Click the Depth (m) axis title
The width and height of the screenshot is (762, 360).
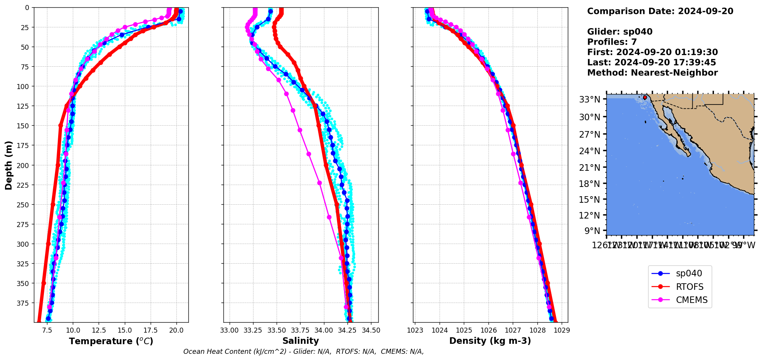coord(8,165)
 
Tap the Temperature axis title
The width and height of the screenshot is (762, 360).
coord(111,341)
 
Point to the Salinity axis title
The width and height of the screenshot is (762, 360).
coord(300,341)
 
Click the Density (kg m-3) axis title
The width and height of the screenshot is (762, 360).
coord(490,341)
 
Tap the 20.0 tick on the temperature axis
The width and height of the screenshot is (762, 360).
coord(176,330)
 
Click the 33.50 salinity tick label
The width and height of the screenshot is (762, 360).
coord(277,330)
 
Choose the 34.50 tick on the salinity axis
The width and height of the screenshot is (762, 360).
coord(371,330)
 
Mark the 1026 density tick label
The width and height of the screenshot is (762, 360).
coord(488,330)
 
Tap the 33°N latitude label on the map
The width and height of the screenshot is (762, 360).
coord(589,99)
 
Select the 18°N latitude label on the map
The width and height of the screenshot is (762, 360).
coord(589,183)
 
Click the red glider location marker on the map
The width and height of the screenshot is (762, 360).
coord(645,98)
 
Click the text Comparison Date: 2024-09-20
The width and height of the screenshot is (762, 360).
coord(660,11)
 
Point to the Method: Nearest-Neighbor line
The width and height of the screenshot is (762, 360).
coord(652,73)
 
